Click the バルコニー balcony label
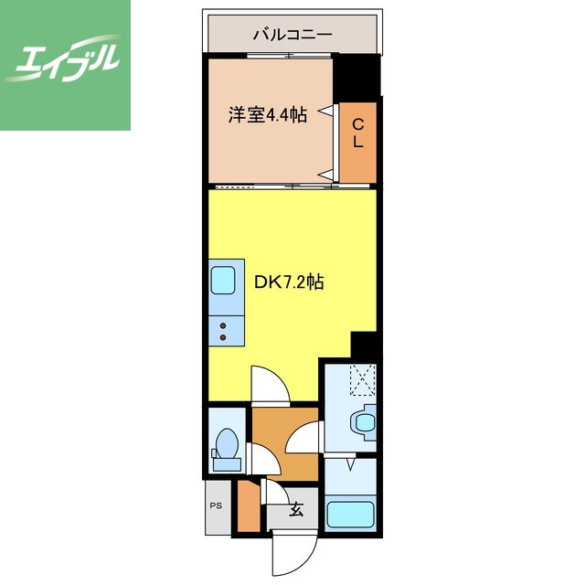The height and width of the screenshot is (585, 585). pos(292,36)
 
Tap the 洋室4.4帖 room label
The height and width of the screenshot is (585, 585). pos(266,115)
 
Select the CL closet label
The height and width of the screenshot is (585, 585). pos(358,133)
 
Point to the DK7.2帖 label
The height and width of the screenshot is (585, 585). pos(288,282)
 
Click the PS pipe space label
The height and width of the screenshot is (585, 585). pos(217,505)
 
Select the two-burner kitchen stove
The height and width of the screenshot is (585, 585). pos(224,329)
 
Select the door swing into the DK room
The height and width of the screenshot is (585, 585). pos(270,385)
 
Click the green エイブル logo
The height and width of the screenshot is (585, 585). pos(64,64)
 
